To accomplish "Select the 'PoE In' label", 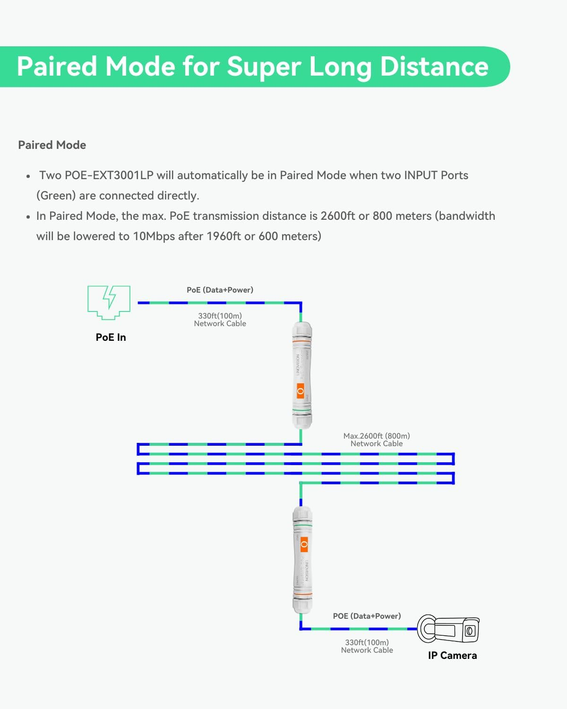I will click(x=111, y=337).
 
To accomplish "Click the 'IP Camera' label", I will click(x=452, y=656).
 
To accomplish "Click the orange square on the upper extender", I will click(x=301, y=390).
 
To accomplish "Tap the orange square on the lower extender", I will click(x=304, y=545).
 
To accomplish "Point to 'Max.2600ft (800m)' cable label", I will click(x=377, y=436).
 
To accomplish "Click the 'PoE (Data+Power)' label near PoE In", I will click(x=220, y=290).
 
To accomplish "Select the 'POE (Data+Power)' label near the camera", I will click(x=367, y=616).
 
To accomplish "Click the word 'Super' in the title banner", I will click(x=264, y=66).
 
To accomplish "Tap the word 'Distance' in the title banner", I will click(x=434, y=66).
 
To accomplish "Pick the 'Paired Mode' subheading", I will click(x=52, y=145).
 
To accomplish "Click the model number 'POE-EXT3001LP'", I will click(x=109, y=175).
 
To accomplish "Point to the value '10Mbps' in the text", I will click(x=154, y=236).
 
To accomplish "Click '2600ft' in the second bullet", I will click(x=337, y=216).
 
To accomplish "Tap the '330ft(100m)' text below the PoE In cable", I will click(x=220, y=316).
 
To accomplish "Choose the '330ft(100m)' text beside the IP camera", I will click(x=367, y=642).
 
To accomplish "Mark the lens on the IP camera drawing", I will click(x=470, y=631).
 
